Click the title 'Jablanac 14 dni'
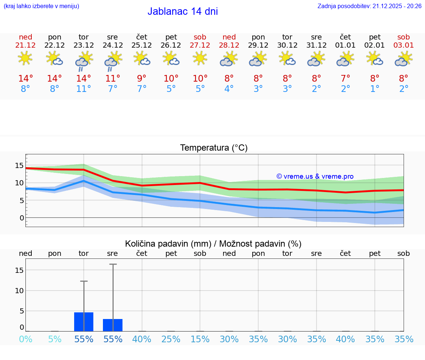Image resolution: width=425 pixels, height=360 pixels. click(x=183, y=11)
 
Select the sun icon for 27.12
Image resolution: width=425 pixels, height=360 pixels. click(x=200, y=58)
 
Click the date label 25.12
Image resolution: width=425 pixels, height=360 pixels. click(x=142, y=45)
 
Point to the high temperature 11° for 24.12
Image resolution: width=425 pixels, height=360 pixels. click(x=113, y=78)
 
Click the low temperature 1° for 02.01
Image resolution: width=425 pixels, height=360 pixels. click(x=374, y=89)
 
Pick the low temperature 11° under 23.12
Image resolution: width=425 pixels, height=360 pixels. click(x=84, y=89)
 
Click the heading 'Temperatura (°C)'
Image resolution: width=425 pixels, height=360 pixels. click(x=214, y=148)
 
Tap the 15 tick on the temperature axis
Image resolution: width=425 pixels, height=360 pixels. click(x=19, y=165)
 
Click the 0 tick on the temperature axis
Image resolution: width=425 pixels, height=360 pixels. click(x=22, y=218)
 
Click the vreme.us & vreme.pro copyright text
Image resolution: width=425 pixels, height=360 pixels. click(x=315, y=176)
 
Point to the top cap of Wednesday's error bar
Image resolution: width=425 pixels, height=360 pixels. click(x=113, y=264)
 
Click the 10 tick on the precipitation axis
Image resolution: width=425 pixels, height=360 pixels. click(x=19, y=291)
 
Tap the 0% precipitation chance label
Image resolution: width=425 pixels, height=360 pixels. click(x=25, y=339)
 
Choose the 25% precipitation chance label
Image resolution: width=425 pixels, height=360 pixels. click(x=171, y=339)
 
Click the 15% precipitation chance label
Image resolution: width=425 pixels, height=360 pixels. click(x=200, y=339)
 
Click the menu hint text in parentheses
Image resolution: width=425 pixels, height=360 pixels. click(x=41, y=6)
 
